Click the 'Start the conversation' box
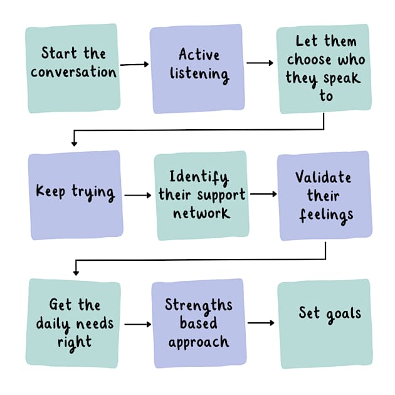73,68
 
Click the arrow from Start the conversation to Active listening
134,64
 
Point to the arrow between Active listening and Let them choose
260,63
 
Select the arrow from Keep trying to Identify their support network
137,195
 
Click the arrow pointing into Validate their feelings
263,194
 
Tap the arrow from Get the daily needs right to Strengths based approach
138,324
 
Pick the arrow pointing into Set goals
261,323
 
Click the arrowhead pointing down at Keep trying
74,144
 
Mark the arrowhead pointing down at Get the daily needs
76,272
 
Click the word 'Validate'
324,177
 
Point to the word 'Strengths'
198,305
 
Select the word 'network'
200,213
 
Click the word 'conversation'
73,71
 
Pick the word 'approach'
198,342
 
